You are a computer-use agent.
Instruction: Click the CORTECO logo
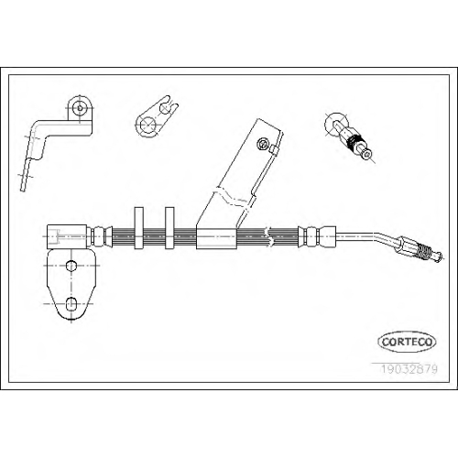point(407,342)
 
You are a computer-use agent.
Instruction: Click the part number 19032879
point(409,369)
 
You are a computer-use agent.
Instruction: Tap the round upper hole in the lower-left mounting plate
point(71,266)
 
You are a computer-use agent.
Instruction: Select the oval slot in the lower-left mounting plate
point(71,304)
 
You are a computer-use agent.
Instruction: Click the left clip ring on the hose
point(139,228)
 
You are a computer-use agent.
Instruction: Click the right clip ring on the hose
point(169,228)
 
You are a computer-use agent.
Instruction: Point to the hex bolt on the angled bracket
point(262,144)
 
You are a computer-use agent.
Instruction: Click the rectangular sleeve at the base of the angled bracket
point(216,238)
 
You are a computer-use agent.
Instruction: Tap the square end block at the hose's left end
point(67,236)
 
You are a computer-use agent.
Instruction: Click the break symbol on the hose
point(269,237)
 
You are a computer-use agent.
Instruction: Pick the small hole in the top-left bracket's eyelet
point(80,107)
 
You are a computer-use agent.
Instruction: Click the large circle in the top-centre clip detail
point(147,125)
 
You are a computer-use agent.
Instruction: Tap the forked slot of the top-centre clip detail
point(169,105)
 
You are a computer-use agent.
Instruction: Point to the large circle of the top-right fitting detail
point(335,124)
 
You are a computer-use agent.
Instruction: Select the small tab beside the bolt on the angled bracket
point(274,150)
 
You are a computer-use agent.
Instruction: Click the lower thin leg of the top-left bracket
point(26,175)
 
